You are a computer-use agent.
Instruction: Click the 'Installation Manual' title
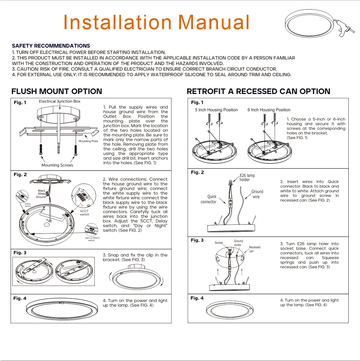[x=156, y=23]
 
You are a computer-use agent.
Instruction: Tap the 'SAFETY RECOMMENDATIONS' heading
[x=51, y=46]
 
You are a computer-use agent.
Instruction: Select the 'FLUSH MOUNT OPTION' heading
[x=57, y=92]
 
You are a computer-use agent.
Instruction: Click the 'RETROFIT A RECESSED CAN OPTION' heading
[x=258, y=92]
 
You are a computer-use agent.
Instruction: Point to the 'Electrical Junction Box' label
[x=60, y=101]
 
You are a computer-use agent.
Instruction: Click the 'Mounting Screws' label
[x=57, y=165]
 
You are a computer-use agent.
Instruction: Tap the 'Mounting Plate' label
[x=88, y=141]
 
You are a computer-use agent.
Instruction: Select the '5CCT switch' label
[x=85, y=213]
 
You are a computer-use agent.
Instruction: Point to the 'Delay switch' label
[x=28, y=205]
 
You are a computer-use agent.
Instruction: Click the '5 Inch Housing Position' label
[x=216, y=110]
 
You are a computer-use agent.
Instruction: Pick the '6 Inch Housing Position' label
[x=269, y=110]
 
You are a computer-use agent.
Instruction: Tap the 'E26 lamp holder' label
[x=247, y=177]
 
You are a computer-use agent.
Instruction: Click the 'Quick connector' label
[x=209, y=199]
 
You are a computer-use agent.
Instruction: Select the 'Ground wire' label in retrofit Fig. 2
[x=257, y=194]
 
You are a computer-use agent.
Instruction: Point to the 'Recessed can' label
[x=254, y=249]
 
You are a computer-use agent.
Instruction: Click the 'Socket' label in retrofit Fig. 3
[x=219, y=243]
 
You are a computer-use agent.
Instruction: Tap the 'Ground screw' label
[x=238, y=243]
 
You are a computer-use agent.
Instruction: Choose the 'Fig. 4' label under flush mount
[x=20, y=298]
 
